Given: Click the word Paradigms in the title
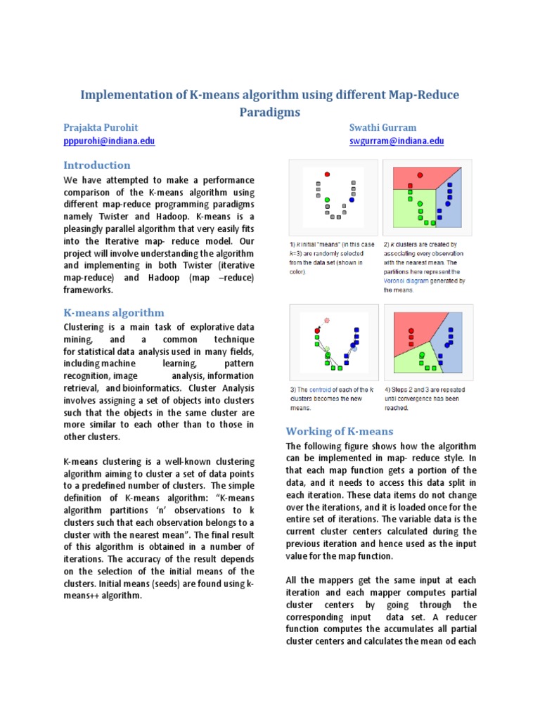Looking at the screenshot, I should (x=269, y=112).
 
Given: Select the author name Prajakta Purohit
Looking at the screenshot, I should (x=101, y=127).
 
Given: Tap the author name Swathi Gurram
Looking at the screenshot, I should (x=382, y=127).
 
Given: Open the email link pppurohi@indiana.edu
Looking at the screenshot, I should (x=109, y=141).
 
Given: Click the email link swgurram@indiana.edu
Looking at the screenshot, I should (x=397, y=141).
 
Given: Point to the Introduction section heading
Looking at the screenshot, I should (x=97, y=165).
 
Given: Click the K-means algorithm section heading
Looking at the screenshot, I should (x=114, y=313).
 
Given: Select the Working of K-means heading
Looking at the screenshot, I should (x=339, y=431).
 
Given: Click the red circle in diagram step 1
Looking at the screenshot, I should (x=328, y=174).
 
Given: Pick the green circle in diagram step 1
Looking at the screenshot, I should (x=328, y=200).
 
